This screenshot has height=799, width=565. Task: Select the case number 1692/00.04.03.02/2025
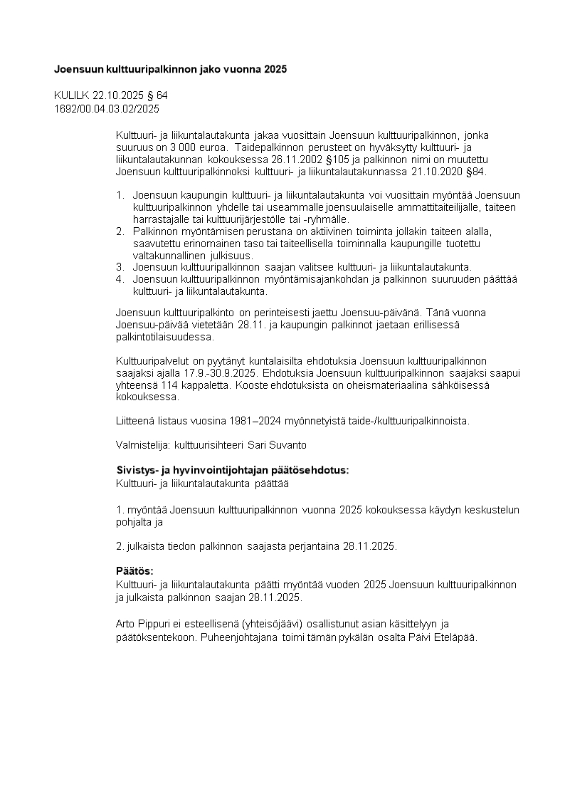pyautogui.click(x=107, y=109)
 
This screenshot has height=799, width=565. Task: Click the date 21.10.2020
pyautogui.click(x=433, y=172)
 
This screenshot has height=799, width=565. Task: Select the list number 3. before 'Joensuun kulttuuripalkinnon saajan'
pyautogui.click(x=120, y=267)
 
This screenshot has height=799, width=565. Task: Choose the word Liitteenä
pyautogui.click(x=134, y=421)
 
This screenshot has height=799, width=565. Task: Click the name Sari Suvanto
pyautogui.click(x=280, y=445)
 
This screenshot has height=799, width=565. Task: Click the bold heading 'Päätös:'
pyautogui.click(x=134, y=571)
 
